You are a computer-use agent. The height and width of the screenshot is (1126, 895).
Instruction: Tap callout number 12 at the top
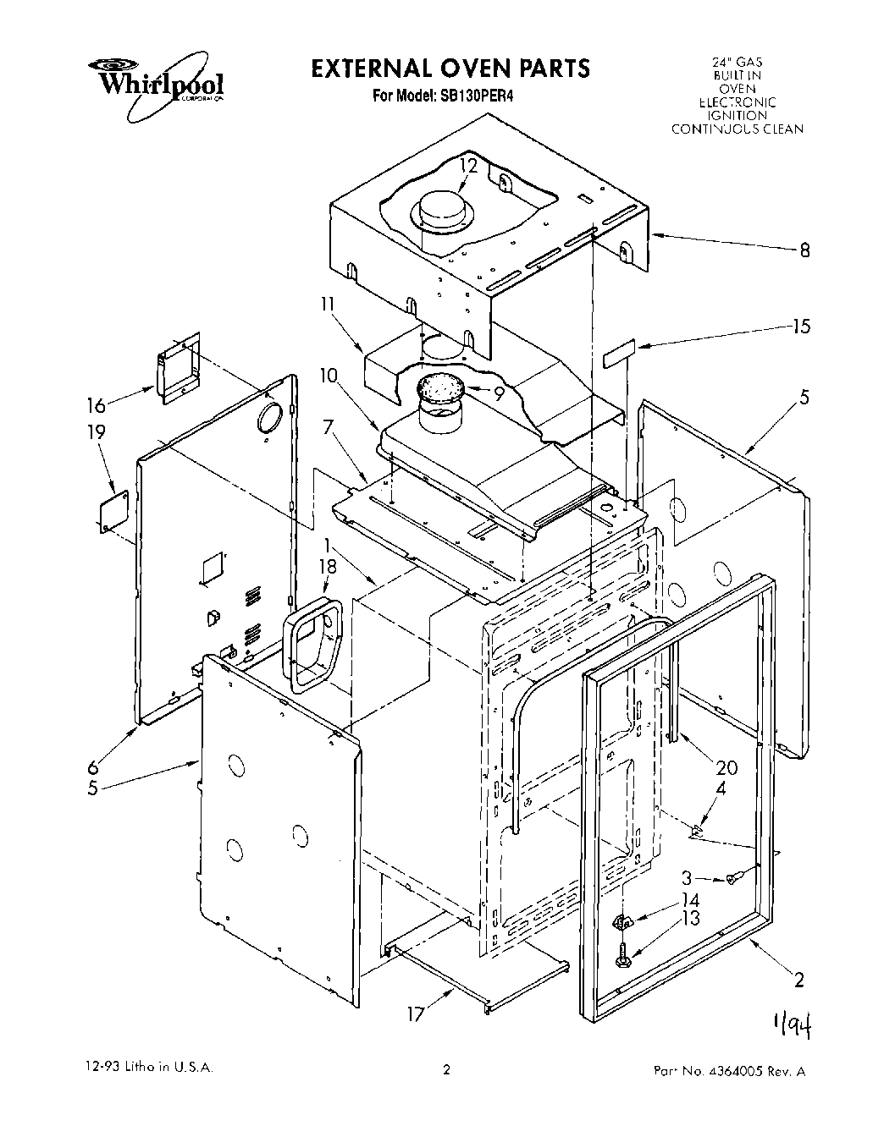coord(469,166)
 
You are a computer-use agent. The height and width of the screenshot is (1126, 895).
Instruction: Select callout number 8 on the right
coord(804,250)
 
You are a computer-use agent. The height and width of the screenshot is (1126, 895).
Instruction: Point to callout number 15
coord(801,327)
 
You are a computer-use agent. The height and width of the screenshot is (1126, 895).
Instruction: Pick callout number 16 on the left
coord(97,405)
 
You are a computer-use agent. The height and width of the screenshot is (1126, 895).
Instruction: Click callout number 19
coord(97,432)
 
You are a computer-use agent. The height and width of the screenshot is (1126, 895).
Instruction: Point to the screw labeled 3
coord(735,878)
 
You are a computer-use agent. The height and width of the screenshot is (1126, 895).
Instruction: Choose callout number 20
coord(726,768)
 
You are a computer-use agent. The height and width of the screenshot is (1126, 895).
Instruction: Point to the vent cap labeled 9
coord(440,388)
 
